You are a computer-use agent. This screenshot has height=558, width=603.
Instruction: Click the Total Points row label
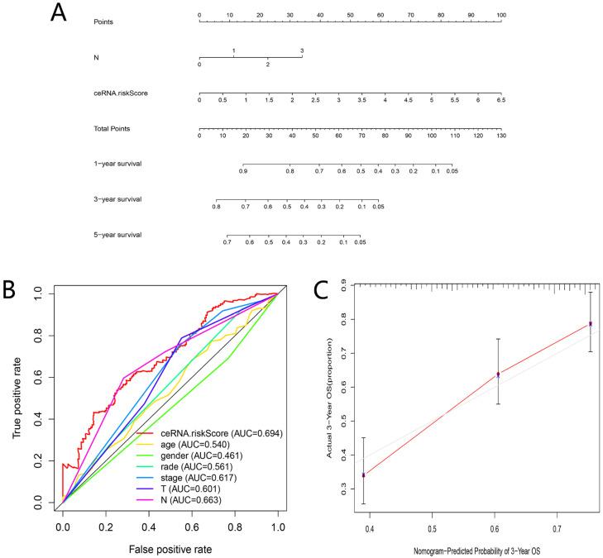pyautogui.click(x=112, y=129)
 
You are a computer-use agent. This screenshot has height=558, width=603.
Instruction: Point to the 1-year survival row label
pyautogui.click(x=117, y=164)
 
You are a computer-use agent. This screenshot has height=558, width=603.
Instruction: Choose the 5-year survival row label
pyautogui.click(x=117, y=235)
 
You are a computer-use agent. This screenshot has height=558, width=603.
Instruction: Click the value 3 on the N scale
pyautogui.click(x=302, y=50)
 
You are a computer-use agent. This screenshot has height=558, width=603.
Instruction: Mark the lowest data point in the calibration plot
pyautogui.click(x=364, y=475)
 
